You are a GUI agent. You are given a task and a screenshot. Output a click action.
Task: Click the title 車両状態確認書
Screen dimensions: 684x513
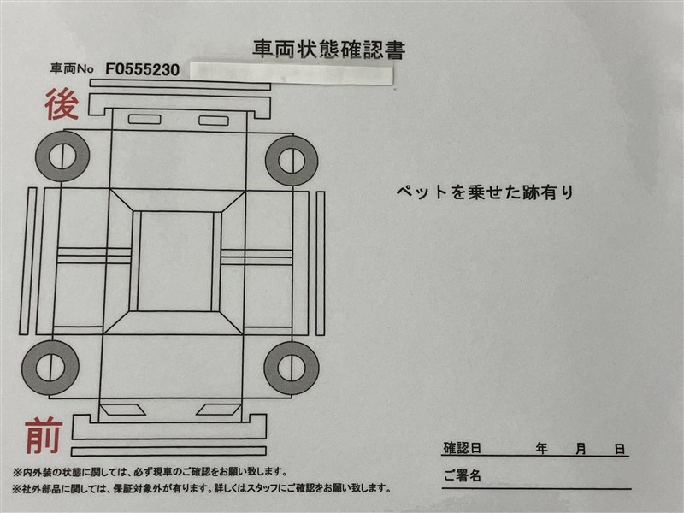[x=329, y=50]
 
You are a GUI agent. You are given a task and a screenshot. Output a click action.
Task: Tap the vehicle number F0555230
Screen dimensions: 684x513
[x=142, y=70]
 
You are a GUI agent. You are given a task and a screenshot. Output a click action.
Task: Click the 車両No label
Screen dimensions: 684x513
[x=72, y=69]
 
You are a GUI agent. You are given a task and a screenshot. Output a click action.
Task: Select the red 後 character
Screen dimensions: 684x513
[x=62, y=104]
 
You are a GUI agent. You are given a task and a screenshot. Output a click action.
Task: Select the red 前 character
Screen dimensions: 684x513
[x=44, y=435]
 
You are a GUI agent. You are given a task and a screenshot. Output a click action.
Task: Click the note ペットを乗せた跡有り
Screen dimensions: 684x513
[x=485, y=192]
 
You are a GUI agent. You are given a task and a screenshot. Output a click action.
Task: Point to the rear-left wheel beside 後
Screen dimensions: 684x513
[x=62, y=156]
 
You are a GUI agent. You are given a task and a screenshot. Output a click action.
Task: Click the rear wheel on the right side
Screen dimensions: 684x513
[x=292, y=161]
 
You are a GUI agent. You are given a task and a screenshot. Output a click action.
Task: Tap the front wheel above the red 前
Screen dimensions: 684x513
[x=50, y=368]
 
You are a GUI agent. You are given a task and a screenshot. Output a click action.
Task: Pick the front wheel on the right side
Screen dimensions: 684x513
[x=292, y=368]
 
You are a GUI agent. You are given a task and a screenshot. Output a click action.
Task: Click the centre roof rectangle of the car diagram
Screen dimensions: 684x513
[x=176, y=262]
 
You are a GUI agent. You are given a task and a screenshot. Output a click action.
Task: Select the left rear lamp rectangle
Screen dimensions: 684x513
[x=144, y=119]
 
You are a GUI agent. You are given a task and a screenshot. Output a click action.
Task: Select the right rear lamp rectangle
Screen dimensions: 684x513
[x=214, y=121]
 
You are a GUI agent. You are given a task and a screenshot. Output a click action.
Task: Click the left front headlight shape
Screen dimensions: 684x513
[x=122, y=410]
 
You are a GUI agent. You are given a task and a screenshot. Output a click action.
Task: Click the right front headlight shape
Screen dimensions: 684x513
[x=219, y=410]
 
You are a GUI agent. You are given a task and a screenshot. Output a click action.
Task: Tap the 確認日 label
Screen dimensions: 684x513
[x=462, y=448]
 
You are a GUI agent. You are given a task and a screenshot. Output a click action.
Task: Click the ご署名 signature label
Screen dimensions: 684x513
[x=462, y=475]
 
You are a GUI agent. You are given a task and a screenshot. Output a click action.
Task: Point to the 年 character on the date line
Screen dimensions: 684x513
[x=542, y=448]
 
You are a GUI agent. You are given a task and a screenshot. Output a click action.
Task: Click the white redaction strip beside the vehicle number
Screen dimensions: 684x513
[x=292, y=74]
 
